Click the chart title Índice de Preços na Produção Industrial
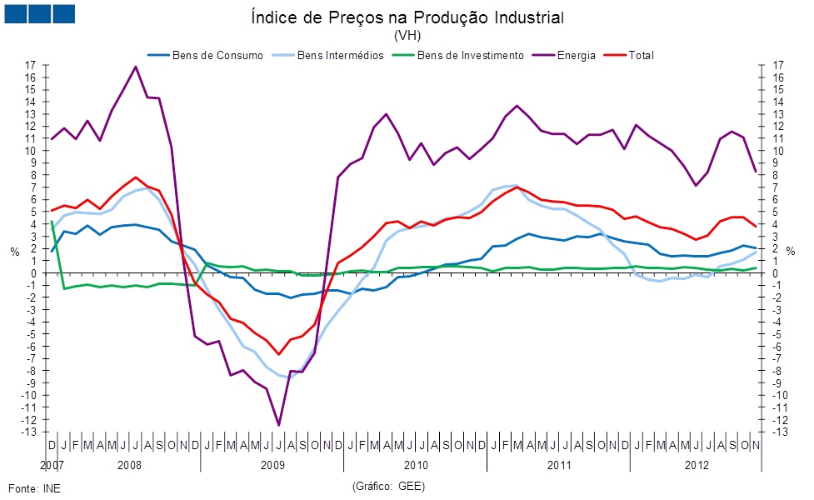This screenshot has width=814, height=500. [407, 17]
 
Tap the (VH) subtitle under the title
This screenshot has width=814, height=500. [407, 36]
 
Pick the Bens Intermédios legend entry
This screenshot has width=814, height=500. [337, 55]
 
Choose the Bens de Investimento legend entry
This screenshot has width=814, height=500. [470, 55]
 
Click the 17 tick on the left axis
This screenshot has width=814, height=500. [31, 65]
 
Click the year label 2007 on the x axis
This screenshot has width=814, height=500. [51, 462]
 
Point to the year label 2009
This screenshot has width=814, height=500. [272, 462]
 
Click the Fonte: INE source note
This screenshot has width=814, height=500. [34, 487]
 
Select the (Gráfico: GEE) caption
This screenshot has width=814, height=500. [389, 485]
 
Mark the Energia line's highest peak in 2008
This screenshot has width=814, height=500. [136, 67]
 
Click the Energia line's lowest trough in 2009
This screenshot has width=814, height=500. [278, 425]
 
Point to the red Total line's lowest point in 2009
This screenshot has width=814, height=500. [278, 354]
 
